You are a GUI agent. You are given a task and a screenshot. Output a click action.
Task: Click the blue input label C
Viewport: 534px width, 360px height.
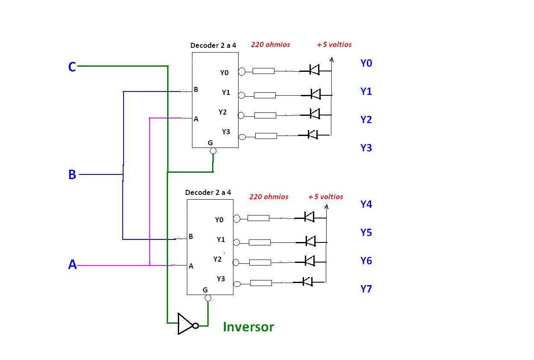pos(72,67)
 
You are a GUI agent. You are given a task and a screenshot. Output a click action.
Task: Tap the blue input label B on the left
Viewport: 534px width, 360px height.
pos(72,174)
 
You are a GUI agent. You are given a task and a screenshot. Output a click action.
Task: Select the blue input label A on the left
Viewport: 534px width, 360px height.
pos(72,265)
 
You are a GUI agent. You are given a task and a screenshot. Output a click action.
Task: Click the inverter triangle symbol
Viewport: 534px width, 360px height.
pos(186,324)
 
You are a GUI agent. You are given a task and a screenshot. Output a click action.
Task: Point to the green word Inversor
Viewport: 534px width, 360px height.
pos(248,327)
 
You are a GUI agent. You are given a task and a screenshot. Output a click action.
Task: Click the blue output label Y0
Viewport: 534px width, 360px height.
pos(366,63)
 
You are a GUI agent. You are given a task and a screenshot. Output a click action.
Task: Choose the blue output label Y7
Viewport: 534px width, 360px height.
pos(366,289)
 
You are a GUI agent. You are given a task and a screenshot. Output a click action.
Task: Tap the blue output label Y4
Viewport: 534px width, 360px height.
pos(366,204)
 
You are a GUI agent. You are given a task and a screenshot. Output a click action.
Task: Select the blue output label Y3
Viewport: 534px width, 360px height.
pos(366,148)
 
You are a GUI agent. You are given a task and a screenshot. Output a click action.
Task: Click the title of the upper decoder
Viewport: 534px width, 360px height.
pos(213,45)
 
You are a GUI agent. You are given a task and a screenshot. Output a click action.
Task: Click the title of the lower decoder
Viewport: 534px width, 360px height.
pos(208,192)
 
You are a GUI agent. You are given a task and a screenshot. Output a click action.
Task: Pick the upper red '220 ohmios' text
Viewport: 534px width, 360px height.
pos(270,44)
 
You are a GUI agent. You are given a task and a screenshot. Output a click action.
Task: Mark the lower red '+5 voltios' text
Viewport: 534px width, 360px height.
pos(325,197)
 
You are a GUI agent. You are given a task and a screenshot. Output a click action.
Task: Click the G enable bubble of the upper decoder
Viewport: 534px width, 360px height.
pos(213,151)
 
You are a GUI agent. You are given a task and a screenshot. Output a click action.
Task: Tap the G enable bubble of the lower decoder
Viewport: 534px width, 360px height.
pos(208,298)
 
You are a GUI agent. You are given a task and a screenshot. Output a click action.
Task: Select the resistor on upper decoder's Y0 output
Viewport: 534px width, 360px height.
pos(263,71)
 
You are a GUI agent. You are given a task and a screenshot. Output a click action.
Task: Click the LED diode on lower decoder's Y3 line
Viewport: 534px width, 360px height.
pos(307,281)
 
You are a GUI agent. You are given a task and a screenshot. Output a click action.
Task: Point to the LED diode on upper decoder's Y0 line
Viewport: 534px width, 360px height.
pos(314,70)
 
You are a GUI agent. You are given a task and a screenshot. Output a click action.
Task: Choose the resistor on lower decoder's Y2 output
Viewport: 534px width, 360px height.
pos(260,262)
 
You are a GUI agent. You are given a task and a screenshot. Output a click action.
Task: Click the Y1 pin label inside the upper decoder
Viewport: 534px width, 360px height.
pos(226,92)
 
